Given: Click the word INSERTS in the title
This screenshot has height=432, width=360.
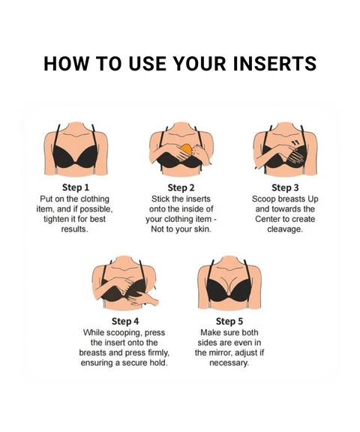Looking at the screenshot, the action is tap(274, 63).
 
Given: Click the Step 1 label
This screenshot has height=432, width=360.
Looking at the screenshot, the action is tap(76, 187).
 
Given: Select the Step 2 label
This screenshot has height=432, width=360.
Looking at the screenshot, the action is tap(181, 187).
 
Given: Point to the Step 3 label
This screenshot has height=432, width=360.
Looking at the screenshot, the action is tap(285, 187).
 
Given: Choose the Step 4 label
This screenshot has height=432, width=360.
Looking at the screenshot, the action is tap(125, 321).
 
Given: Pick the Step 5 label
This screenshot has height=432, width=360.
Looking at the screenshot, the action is tap(229, 321).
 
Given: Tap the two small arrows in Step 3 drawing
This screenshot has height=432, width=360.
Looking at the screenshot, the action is tap(295, 142).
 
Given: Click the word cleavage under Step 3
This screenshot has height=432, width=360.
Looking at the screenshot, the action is tap(285, 229).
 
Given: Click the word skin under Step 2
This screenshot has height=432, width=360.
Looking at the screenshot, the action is tap(202, 229).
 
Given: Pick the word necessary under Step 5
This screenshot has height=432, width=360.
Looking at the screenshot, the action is tap(229, 363).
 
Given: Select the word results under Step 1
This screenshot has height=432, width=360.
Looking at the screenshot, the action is tap(75, 229).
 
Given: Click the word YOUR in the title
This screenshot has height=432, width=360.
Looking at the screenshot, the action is tap(200, 63).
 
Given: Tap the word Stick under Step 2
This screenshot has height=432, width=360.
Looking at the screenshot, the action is tap(160, 199).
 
